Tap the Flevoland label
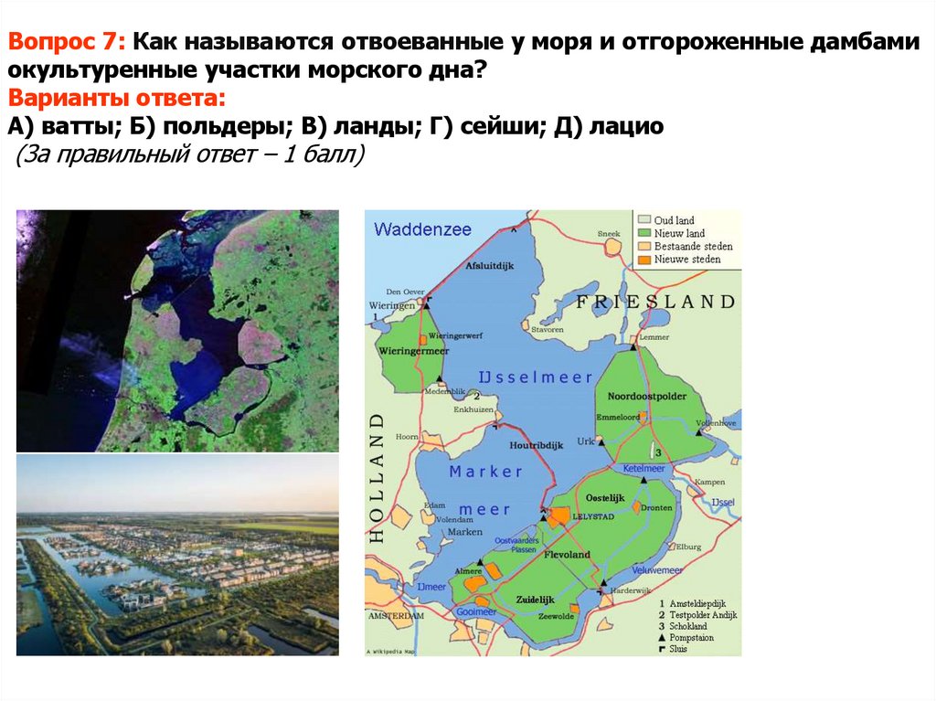567,555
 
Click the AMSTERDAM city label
396,617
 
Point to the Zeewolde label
556,616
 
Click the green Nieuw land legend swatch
644,234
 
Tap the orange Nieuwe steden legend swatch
644,260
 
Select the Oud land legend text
674,221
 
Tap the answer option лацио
613,126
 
